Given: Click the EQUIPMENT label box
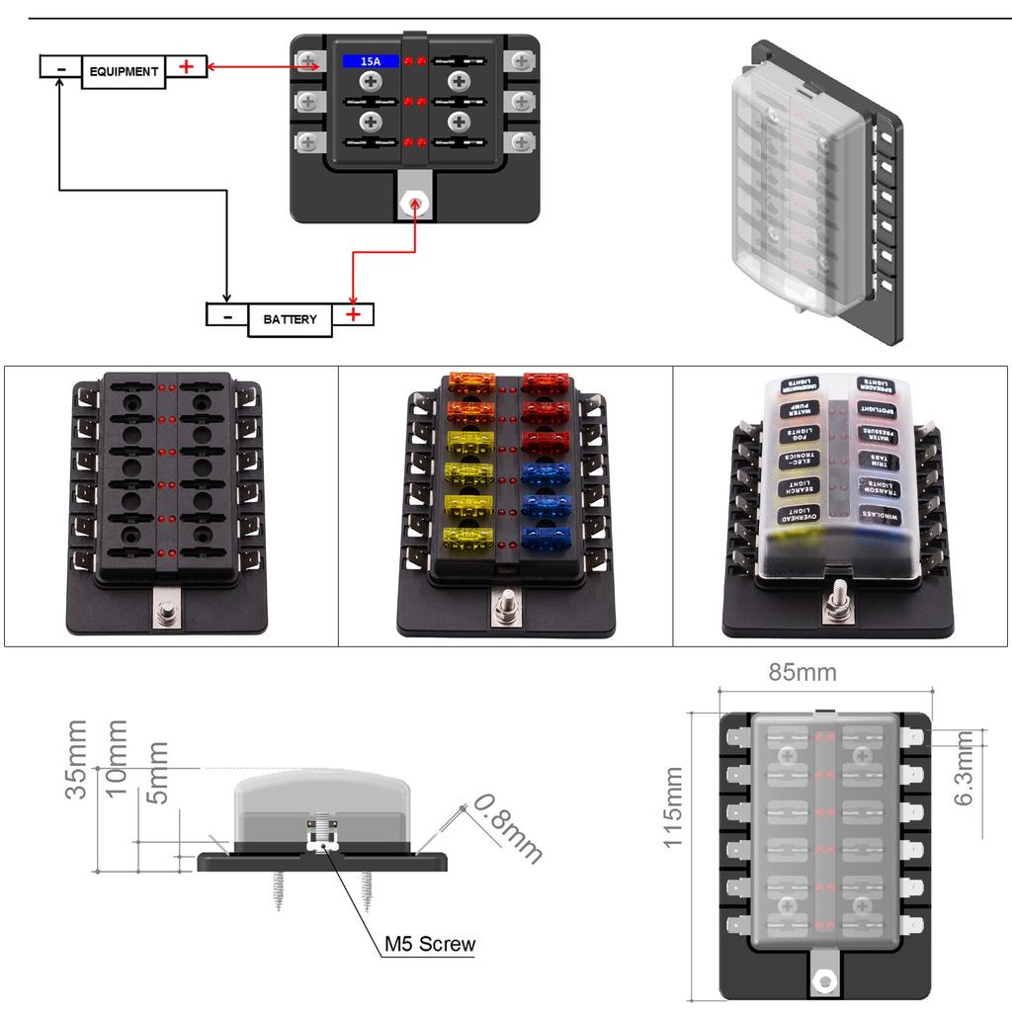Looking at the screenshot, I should [x=124, y=72].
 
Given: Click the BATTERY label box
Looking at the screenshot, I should [x=290, y=319].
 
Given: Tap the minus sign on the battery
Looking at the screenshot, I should [x=227, y=315].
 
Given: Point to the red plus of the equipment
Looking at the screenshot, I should [x=187, y=66].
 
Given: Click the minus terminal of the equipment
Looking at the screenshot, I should [x=60, y=67].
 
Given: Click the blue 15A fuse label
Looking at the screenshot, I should [x=371, y=61].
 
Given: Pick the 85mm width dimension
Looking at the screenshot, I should [x=802, y=673].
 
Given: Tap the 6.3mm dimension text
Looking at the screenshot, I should [x=966, y=769].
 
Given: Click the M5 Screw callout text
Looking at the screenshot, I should [x=430, y=944].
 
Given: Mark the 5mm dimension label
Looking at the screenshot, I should [x=156, y=772].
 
